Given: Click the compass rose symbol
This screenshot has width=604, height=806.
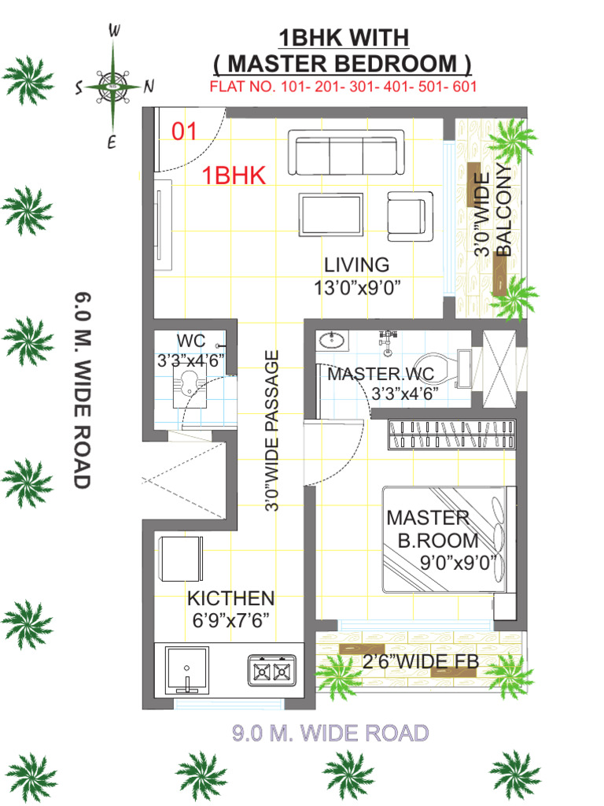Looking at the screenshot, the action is pyautogui.click(x=112, y=85).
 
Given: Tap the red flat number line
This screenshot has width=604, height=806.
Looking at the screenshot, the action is pyautogui.click(x=343, y=86).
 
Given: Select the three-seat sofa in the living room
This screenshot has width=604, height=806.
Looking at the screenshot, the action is pyautogui.click(x=346, y=153).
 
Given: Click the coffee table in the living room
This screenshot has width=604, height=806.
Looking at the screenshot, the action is pyautogui.click(x=331, y=214).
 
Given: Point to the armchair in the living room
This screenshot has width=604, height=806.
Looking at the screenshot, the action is pyautogui.click(x=410, y=216).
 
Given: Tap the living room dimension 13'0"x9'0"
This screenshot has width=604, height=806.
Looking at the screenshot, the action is pyautogui.click(x=357, y=287).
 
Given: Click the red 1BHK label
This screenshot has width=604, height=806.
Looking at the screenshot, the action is pyautogui.click(x=234, y=176).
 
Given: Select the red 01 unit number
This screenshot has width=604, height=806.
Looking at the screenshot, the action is pyautogui.click(x=184, y=131).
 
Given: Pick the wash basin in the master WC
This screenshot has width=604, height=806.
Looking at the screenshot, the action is pyautogui.click(x=332, y=340).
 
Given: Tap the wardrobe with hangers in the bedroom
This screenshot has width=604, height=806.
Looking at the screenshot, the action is pyautogui.click(x=451, y=434).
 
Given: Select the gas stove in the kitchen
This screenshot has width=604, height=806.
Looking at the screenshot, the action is pyautogui.click(x=272, y=671).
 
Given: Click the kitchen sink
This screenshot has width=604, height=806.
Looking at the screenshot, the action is pyautogui.click(x=187, y=670).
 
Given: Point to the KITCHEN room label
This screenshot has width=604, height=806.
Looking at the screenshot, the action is pyautogui.click(x=230, y=598).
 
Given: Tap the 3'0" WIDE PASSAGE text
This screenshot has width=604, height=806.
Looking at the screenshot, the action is pyautogui.click(x=271, y=431).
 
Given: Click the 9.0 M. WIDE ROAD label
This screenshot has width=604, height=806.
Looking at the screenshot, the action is pyautogui.click(x=330, y=733).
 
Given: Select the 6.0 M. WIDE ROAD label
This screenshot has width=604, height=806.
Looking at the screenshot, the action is pyautogui.click(x=83, y=390).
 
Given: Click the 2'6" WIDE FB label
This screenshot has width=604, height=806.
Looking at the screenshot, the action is pyautogui.click(x=421, y=661).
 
